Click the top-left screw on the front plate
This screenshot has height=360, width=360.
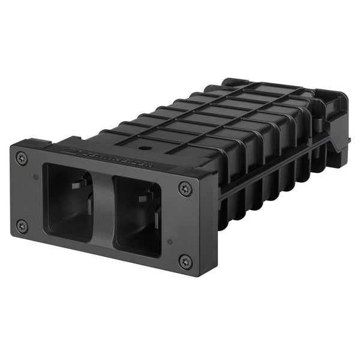[22, 158]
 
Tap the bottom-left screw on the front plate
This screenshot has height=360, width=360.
[22, 226]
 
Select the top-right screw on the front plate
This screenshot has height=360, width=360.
[185, 189]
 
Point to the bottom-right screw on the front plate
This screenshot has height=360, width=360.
[185, 261]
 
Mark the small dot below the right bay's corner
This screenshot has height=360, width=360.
[170, 242]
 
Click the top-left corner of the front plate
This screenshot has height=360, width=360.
[12, 144]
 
